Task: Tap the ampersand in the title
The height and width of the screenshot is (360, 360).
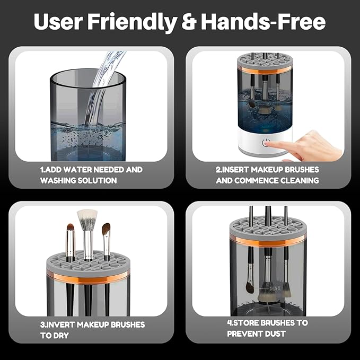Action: (188, 22)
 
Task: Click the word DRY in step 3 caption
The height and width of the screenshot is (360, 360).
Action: (60, 336)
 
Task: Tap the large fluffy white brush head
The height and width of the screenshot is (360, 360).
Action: (87, 219)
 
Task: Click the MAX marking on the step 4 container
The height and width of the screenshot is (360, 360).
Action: (275, 289)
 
